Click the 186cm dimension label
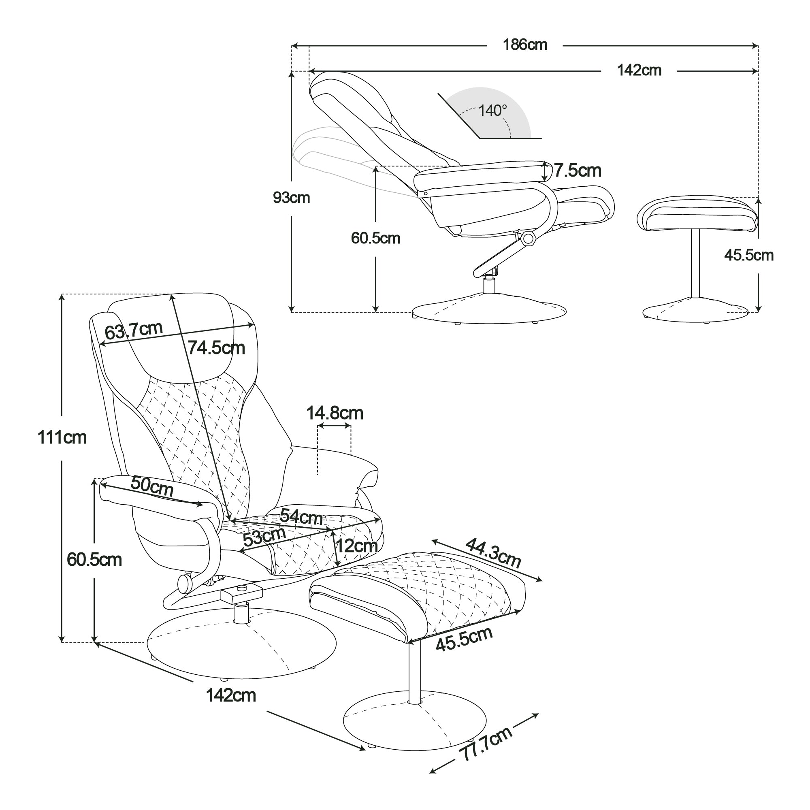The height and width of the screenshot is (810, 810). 525,45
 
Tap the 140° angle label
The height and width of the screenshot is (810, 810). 492,111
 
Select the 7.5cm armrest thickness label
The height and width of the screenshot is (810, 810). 578,171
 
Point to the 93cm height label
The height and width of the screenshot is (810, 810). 291,198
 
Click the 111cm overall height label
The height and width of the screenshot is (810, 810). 62,438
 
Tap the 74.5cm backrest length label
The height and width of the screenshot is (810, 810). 216,348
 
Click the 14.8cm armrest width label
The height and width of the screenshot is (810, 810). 335,414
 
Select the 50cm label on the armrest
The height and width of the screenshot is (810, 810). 152,486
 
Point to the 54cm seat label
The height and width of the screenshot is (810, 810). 301,516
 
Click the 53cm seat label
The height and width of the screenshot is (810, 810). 264,537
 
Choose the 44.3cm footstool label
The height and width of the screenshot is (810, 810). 493,553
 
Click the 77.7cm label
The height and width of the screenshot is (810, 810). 486,744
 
